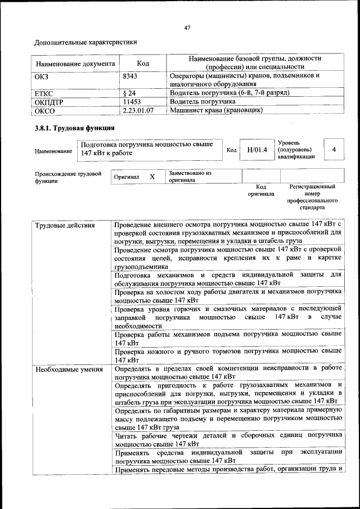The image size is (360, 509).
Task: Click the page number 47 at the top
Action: (187, 28)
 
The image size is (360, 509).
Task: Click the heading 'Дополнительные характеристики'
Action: (85, 42)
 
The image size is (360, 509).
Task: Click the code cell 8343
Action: (130, 75)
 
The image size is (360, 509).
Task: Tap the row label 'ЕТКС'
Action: (45, 92)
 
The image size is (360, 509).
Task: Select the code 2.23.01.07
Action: (138, 111)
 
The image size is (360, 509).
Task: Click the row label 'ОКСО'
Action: (45, 111)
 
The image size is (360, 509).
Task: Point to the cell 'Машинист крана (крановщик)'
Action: (217, 111)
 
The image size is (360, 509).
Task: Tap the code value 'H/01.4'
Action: (256, 150)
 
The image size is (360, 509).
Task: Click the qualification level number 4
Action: (334, 150)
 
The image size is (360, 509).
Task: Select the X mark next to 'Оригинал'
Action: (152, 177)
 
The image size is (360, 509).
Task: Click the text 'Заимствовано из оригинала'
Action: (190, 177)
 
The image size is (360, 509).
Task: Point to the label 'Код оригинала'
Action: (261, 190)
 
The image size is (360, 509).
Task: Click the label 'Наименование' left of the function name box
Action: (53, 151)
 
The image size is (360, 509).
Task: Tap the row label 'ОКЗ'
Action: (43, 75)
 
